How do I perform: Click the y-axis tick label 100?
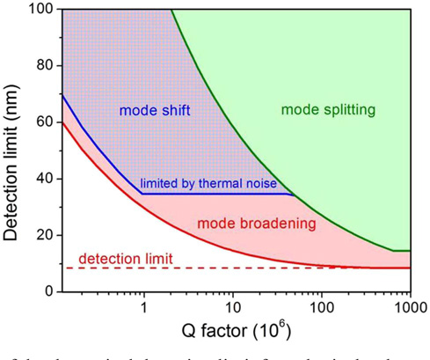coord(40,10)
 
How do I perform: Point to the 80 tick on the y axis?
coord(43,66)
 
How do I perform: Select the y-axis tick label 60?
coord(43,122)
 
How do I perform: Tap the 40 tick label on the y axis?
coord(43,179)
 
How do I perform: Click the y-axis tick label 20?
coord(43,235)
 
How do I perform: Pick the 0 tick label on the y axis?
coord(47,291)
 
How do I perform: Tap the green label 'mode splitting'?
coord(328,110)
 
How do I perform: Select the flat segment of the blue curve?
coord(220,193)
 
